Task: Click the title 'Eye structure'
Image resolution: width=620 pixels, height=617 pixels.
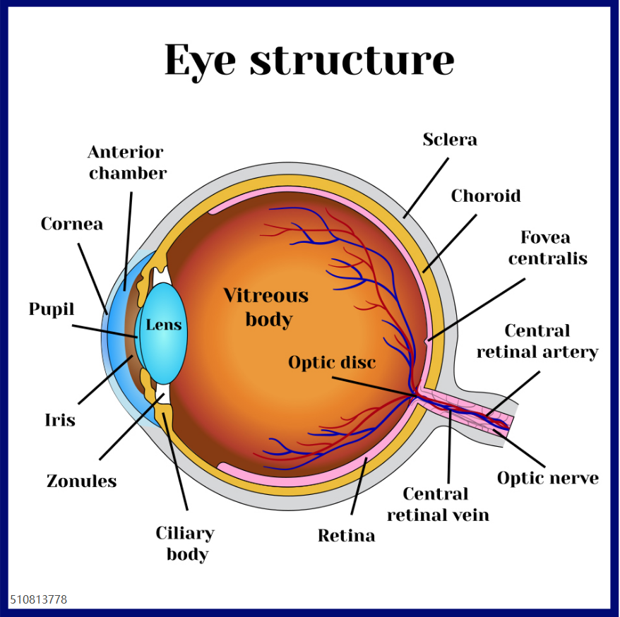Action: pos(309,61)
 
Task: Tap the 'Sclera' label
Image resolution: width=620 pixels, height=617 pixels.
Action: pos(450,140)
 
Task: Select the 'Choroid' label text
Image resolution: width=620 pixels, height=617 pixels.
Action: pos(486,196)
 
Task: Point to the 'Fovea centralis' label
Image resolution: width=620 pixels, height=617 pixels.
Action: pos(548,248)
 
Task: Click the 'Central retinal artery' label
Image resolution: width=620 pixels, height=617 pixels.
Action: pos(537,342)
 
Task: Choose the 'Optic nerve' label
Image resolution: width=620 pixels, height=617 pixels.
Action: pos(548,478)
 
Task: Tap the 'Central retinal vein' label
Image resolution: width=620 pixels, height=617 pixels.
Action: pos(438,504)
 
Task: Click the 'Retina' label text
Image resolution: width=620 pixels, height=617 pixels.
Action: pos(347,536)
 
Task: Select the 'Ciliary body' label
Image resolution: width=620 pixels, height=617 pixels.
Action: pos(185,544)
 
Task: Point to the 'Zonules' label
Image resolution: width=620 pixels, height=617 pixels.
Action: pos(81,481)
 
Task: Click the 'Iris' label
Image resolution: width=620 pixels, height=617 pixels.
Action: pos(60,420)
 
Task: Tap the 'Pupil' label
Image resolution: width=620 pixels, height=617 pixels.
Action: pos(52,309)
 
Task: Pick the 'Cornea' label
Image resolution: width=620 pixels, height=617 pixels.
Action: pos(71,224)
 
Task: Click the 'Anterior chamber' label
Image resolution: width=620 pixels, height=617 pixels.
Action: pos(127,163)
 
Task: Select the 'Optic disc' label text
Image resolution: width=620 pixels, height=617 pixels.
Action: pos(332,362)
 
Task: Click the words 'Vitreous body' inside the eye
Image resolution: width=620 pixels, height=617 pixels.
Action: pos(266,308)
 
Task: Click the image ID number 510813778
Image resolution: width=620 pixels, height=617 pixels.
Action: pos(38,599)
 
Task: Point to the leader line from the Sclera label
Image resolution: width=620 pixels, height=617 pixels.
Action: pos(427,188)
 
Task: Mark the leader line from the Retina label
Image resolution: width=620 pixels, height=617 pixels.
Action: pos(359,486)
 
